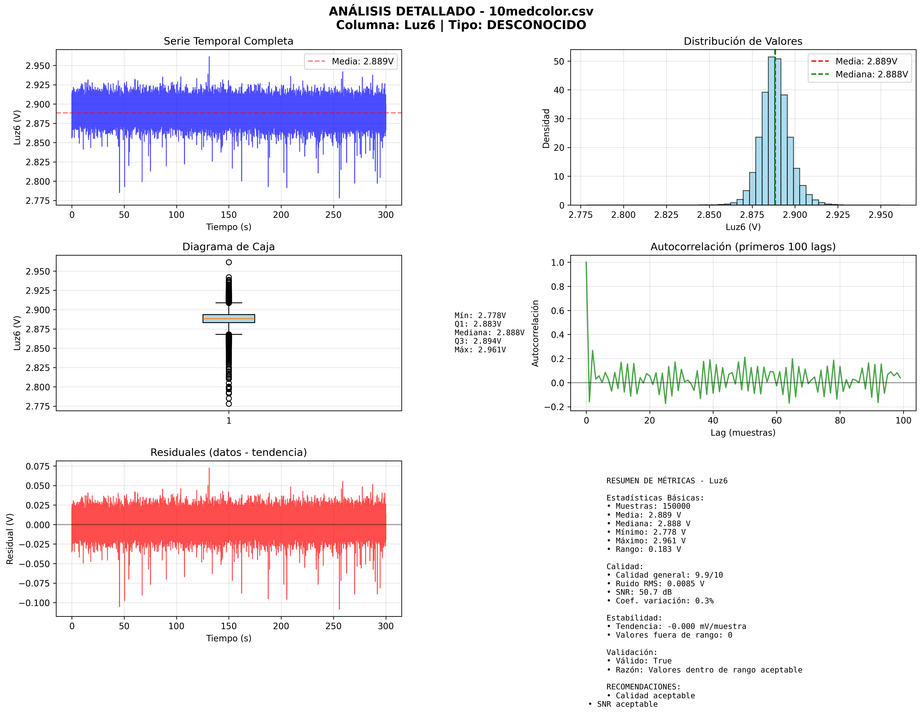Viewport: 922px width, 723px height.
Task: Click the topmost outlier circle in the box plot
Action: (x=229, y=262)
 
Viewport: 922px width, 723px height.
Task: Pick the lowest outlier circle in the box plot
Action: (x=229, y=404)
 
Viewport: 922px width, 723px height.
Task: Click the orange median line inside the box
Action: (x=229, y=318)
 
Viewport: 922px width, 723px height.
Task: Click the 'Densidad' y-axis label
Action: (x=546, y=128)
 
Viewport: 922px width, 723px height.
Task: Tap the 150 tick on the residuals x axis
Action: (x=229, y=626)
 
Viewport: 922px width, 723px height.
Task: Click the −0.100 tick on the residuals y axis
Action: (x=35, y=603)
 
